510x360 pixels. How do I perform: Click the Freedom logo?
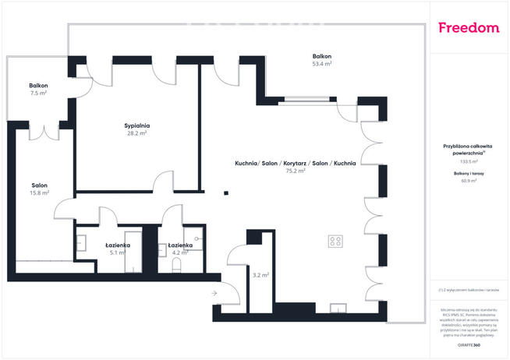(468, 28)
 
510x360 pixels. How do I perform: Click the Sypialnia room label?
(136, 125)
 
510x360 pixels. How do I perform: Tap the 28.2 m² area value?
(136, 133)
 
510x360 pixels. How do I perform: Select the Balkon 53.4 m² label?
(322, 57)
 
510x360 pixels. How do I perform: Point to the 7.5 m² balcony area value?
(38, 93)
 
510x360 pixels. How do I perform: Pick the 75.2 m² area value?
(295, 171)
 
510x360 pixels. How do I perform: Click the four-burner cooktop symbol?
(337, 241)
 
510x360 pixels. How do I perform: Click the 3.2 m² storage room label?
(260, 274)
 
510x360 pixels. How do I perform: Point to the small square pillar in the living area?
(225, 193)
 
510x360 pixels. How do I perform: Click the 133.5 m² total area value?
(469, 161)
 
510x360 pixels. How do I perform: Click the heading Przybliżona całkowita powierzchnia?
(469, 149)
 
